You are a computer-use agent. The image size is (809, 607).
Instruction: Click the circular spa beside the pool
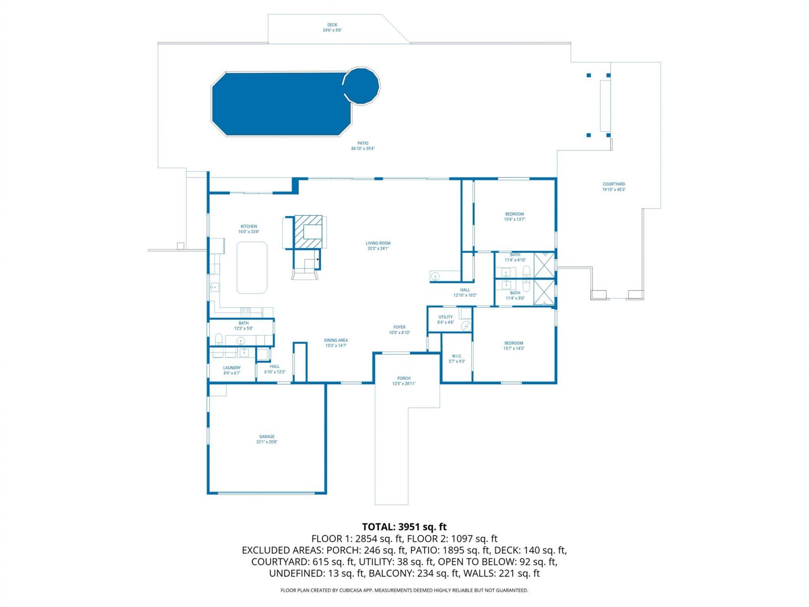(x=362, y=86)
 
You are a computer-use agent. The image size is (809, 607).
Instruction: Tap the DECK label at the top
(x=332, y=25)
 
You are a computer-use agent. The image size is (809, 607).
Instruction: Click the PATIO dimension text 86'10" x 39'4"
(x=363, y=149)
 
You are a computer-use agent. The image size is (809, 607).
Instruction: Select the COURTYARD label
(x=613, y=184)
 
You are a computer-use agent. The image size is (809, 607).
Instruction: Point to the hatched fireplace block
(x=308, y=231)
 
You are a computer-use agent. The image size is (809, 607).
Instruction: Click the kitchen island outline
(x=252, y=267)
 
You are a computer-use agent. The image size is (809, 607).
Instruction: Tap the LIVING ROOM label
(x=378, y=243)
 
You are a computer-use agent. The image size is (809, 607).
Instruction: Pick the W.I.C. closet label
(x=457, y=356)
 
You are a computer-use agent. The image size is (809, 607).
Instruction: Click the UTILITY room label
(x=445, y=317)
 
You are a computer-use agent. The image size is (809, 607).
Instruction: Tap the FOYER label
(x=399, y=327)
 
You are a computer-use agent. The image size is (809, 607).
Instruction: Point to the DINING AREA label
(x=336, y=340)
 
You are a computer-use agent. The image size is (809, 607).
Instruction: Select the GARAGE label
(x=267, y=437)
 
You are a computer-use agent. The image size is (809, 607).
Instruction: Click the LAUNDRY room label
(x=232, y=368)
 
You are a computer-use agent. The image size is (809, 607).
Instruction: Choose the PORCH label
(x=404, y=378)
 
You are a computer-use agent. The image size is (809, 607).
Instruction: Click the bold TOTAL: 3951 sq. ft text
(x=404, y=527)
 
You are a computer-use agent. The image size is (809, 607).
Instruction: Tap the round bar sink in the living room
(x=435, y=277)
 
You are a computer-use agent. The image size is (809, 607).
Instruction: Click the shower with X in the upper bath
(x=544, y=265)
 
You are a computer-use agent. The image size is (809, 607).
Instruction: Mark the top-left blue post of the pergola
(x=589, y=75)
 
